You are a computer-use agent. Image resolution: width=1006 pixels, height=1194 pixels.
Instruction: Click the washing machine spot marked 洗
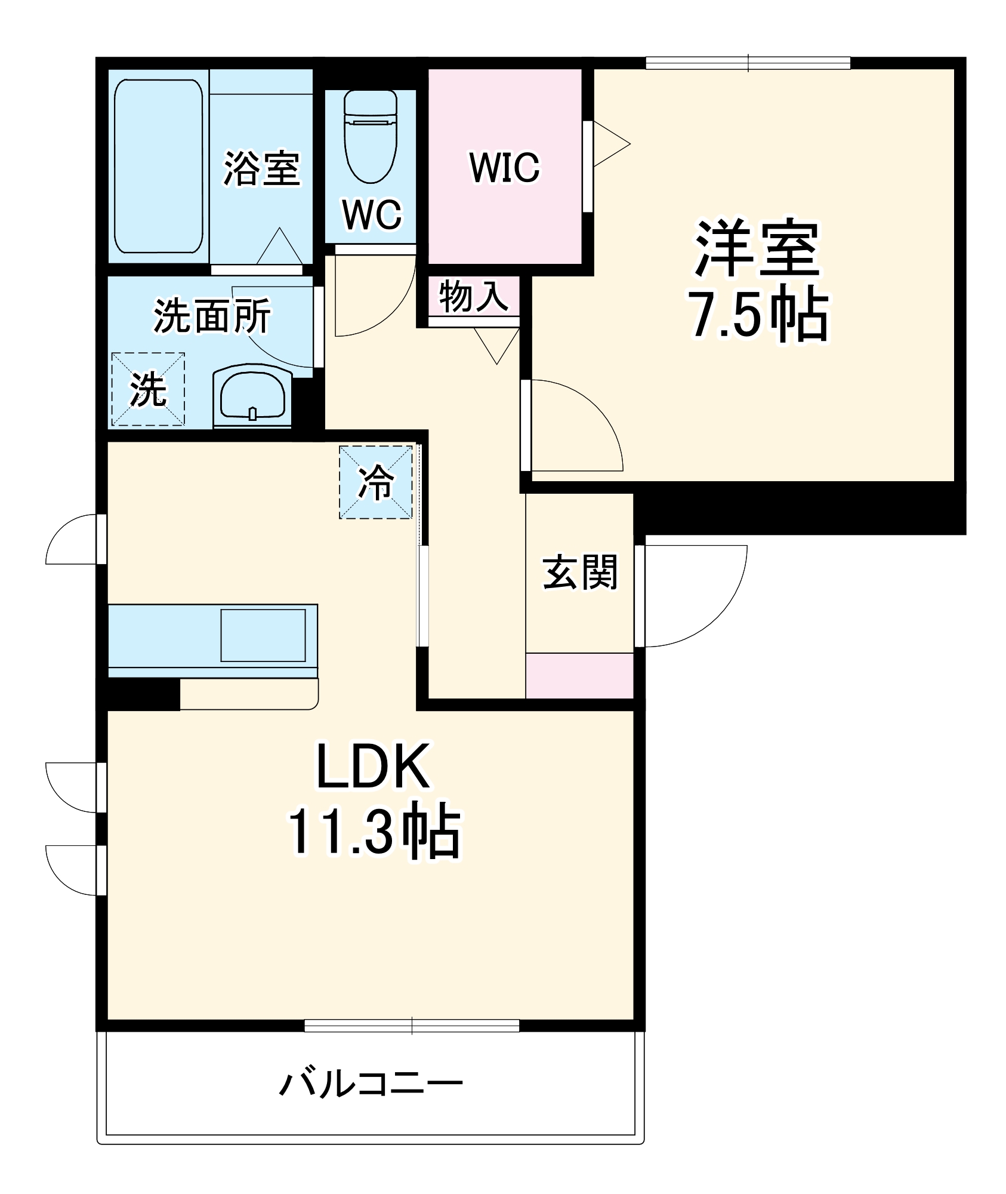coord(148,389)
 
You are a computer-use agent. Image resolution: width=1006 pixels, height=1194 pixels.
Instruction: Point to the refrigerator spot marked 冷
coord(376,482)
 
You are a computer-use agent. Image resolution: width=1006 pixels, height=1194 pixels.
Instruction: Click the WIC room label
coord(504,168)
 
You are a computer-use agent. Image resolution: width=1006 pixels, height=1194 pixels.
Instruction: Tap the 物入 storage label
coord(473,297)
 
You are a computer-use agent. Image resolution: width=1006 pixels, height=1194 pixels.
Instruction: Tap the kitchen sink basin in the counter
coord(263,635)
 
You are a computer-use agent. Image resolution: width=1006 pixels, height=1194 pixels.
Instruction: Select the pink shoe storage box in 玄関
coord(579,675)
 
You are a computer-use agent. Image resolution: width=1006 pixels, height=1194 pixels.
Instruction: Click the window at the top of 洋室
coord(748,63)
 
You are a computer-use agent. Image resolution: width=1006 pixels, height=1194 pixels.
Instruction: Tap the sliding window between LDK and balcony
coord(412,1026)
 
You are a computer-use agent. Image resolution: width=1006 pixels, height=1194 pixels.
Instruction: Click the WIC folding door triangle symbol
coord(610,144)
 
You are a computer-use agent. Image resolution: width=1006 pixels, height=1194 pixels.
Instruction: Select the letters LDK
coord(372,767)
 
